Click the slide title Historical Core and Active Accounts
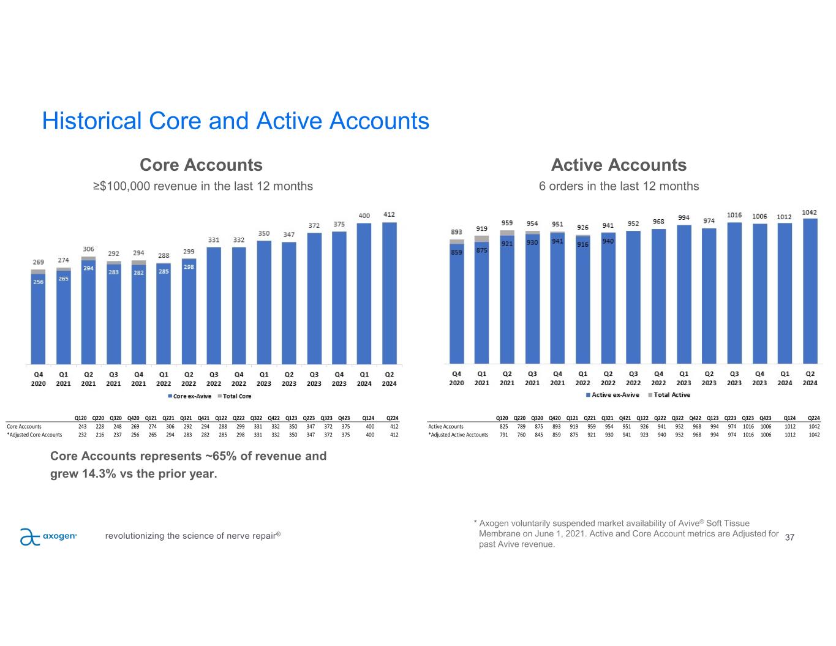pos(235,121)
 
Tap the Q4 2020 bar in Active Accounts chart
pos(457,306)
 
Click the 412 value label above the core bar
pos(389,214)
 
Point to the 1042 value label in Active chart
pos(810,212)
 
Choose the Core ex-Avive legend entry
pos(190,396)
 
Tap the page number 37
pos(789,538)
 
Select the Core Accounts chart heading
pos(201,165)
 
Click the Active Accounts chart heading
pos(619,165)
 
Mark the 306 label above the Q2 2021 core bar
pos(88,249)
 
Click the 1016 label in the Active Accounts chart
pos(734,215)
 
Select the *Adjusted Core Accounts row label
pos(34,435)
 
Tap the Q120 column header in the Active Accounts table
pos(503,418)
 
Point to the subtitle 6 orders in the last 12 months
pos(619,186)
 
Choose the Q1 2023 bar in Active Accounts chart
pos(683,294)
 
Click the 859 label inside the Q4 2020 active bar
pos(456,252)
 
